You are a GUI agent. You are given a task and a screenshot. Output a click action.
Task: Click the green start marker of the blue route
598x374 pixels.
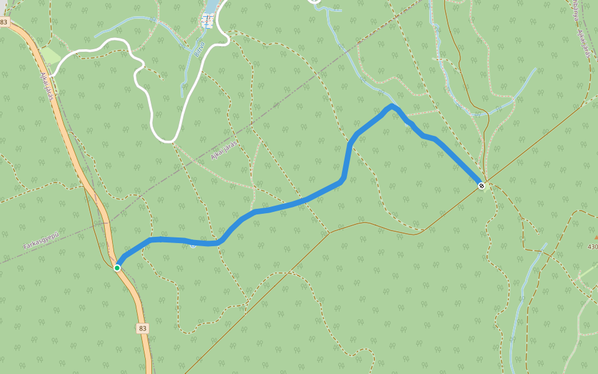tap(117, 268)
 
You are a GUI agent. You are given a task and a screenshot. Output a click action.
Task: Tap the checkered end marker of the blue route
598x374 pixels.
tap(482, 186)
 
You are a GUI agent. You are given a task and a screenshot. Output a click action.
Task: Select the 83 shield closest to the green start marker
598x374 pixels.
tap(143, 328)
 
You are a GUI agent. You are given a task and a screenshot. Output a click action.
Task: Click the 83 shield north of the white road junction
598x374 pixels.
tap(4, 22)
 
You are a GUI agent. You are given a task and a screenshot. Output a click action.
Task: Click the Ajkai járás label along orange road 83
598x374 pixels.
tap(47, 86)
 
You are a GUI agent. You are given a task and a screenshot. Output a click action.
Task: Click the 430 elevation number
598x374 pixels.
tap(592, 247)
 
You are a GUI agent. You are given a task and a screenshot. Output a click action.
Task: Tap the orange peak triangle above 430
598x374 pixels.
tap(596, 237)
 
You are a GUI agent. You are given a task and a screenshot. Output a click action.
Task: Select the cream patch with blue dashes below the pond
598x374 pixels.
tap(207, 22)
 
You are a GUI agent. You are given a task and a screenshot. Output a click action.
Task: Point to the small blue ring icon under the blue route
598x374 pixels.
tap(193, 245)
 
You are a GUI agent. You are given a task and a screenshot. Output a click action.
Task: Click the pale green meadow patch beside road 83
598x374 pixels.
tap(50, 56)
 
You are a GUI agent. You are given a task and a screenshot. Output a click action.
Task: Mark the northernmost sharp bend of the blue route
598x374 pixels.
tap(392, 106)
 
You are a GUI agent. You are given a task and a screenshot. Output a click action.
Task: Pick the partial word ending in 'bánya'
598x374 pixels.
tap(572, 9)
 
